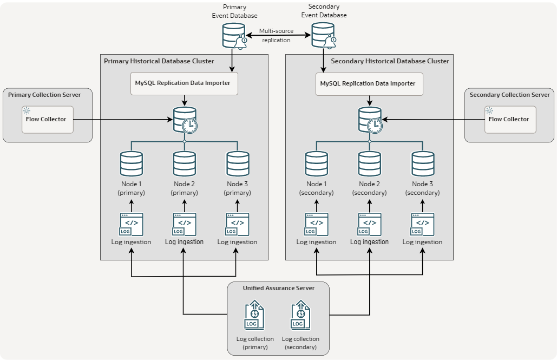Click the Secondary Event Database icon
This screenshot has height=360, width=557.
click(323, 36)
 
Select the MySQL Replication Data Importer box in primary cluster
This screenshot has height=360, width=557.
click(184, 83)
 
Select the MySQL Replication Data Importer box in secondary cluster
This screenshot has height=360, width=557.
click(369, 84)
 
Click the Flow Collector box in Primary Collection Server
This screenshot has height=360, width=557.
click(47, 119)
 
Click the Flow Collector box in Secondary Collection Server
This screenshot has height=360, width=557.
click(509, 119)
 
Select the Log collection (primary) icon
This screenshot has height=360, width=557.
click(254, 317)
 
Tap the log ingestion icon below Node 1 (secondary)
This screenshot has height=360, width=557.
click(316, 224)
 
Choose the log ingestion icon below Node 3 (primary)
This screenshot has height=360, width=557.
click(237, 224)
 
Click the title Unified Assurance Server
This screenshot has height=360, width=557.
click(278, 288)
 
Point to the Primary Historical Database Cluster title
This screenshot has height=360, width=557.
click(159, 61)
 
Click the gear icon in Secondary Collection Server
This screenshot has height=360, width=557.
click(489, 110)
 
